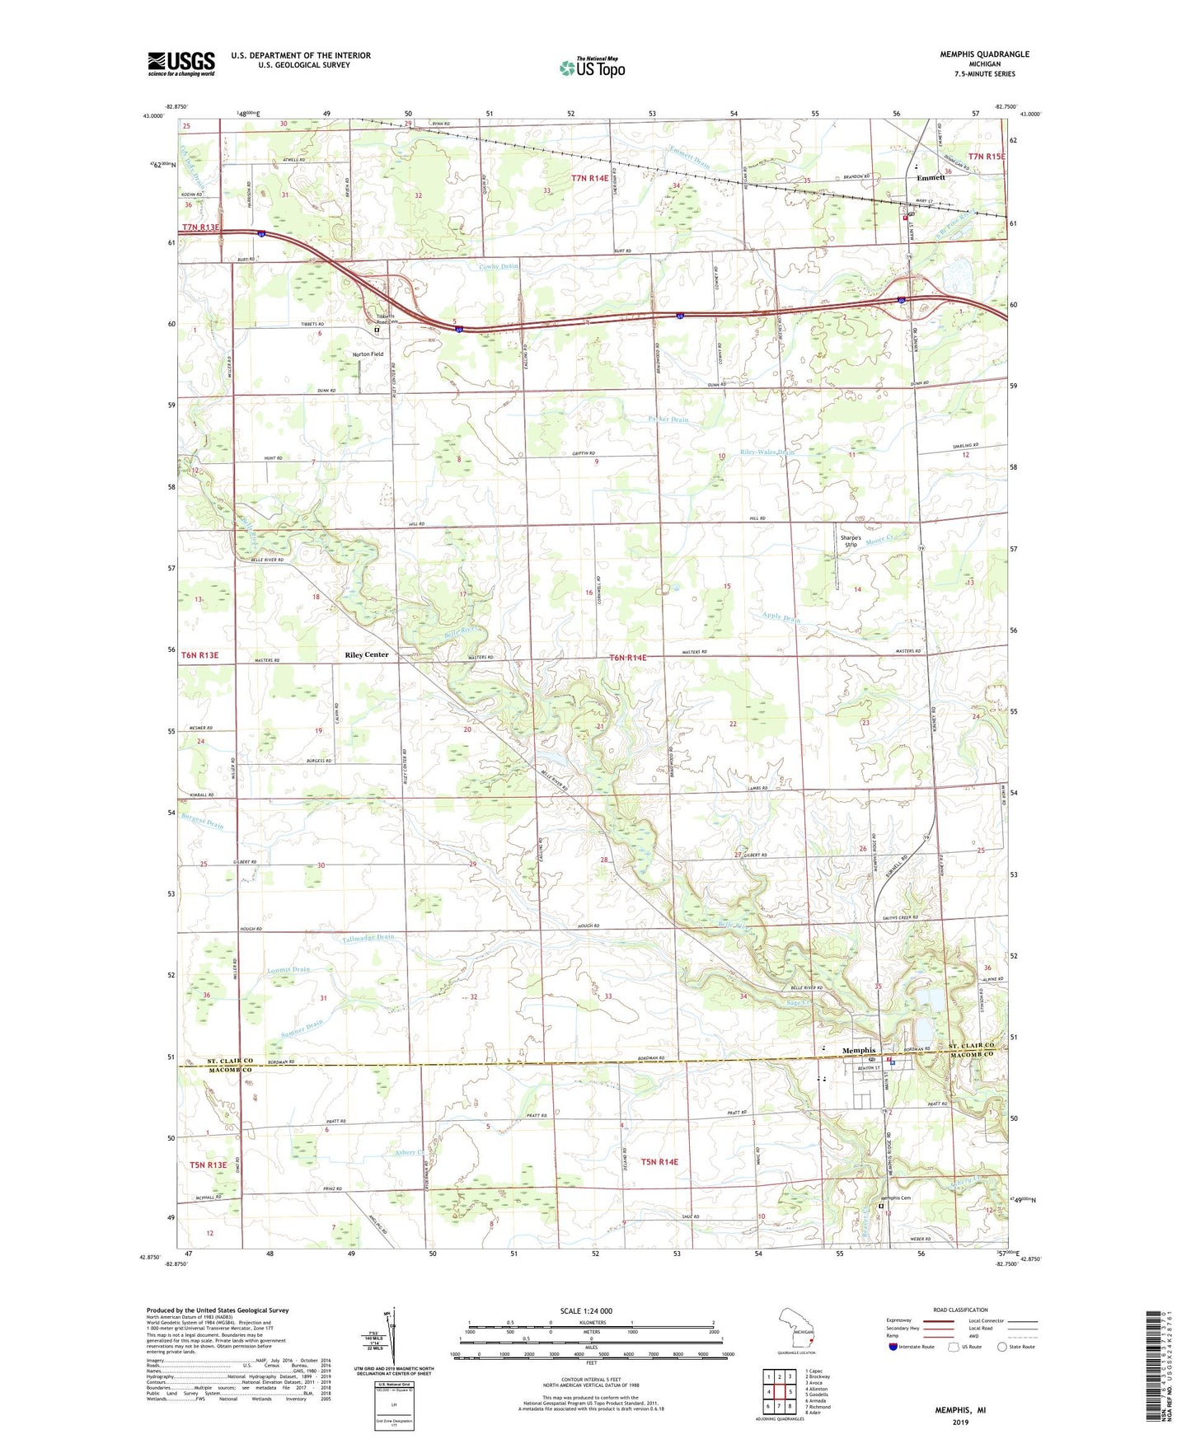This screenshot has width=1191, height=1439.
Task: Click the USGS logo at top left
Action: point(181,63)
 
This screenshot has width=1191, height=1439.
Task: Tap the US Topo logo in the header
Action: point(592,68)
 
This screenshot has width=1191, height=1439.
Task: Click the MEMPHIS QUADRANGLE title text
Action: point(984,54)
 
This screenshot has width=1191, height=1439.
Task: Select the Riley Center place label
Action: point(366,655)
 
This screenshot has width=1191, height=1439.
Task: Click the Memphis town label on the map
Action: point(859,1051)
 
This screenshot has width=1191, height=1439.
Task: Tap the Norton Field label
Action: point(368,354)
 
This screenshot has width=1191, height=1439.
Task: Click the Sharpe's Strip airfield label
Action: point(851,541)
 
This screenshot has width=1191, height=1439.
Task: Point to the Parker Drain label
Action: point(668,420)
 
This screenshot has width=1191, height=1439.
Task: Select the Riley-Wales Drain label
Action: point(767,452)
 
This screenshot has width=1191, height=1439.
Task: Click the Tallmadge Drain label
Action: point(368,938)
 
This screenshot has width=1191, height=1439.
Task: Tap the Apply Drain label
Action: point(781,618)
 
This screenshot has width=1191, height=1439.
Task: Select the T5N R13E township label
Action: point(208,1165)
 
